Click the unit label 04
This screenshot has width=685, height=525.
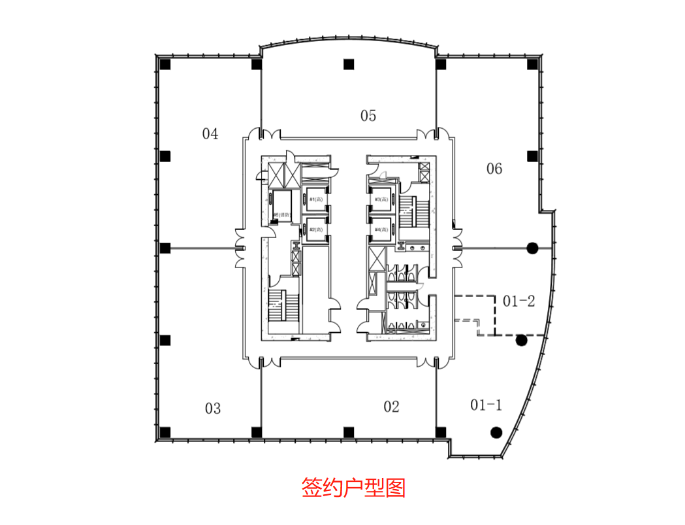tap(210, 135)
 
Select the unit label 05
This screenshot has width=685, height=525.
tap(368, 116)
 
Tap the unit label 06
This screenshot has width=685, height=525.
tap(494, 169)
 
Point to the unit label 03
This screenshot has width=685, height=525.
tap(213, 409)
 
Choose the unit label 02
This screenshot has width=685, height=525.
tap(391, 407)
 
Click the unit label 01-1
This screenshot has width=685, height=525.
tap(486, 405)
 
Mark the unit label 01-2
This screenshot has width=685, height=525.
tap(519, 301)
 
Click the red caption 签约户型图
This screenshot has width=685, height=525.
tap(353, 488)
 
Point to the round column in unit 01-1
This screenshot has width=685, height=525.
tap(496, 432)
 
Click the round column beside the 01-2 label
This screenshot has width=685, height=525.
tap(521, 340)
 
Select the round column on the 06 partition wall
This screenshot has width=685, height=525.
tap(532, 248)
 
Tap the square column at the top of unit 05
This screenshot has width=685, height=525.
tap(349, 64)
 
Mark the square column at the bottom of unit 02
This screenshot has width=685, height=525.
tap(349, 432)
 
